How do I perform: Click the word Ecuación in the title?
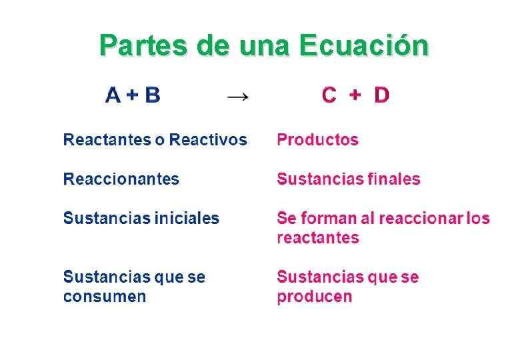click(x=364, y=46)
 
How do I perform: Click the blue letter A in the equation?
click(x=113, y=95)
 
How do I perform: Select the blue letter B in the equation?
click(x=153, y=95)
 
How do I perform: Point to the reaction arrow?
click(x=238, y=97)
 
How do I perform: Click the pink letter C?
click(x=329, y=95)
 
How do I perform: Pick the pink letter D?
click(x=381, y=95)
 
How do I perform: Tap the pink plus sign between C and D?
click(x=355, y=95)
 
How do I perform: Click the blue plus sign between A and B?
click(x=133, y=95)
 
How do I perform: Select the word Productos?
click(x=317, y=140)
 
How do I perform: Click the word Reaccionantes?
click(x=121, y=179)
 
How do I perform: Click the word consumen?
click(x=104, y=297)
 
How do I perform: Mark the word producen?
click(x=314, y=297)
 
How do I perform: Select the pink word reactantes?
click(x=317, y=238)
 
